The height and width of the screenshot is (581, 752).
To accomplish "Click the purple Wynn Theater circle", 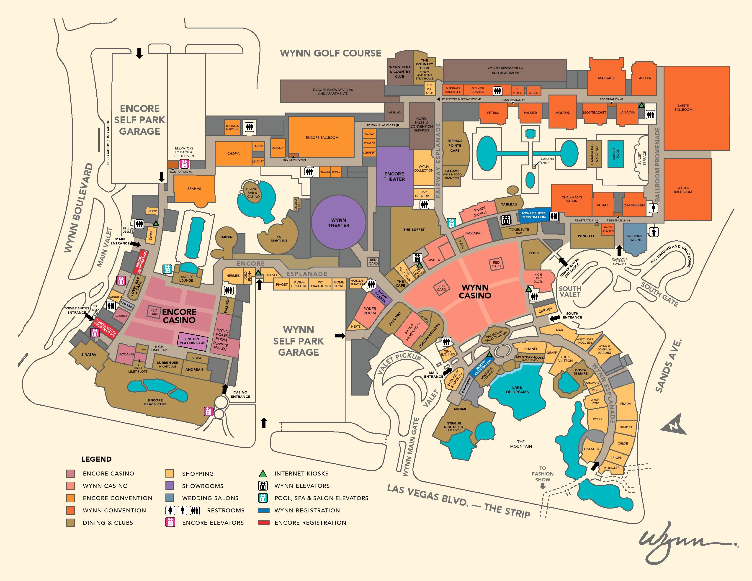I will pos(338,222).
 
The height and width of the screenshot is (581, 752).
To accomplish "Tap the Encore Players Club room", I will pos(193,341).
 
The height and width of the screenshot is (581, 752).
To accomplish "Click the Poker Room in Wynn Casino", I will pos(369,311).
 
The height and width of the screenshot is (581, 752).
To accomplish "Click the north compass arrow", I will pos(673,427).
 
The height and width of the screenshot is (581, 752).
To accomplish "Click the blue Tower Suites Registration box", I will pos(533,215).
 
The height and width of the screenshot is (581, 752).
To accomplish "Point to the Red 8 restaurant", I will pos(533,253).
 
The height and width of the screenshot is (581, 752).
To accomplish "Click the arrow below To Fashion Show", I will pos(543,486).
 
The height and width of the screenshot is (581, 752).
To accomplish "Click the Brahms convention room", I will pos(194,189).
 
